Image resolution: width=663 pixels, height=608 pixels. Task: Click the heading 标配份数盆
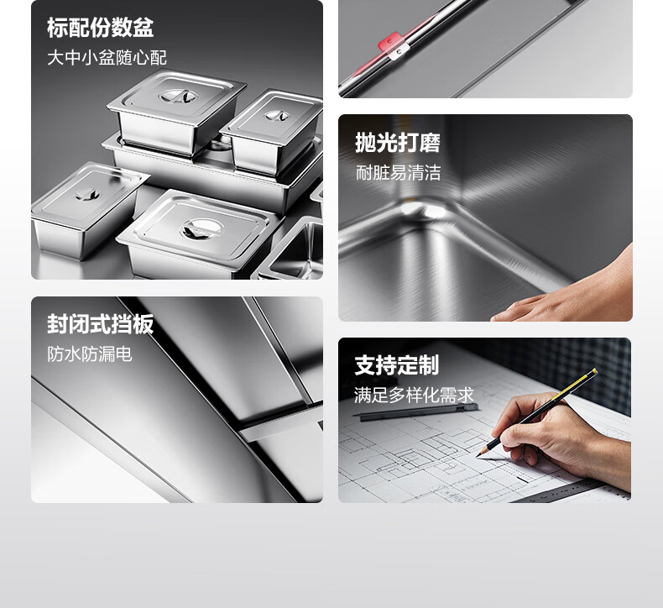point(100,28)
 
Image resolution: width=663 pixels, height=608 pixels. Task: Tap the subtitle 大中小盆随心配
point(107,58)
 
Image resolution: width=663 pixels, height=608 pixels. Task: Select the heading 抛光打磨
point(398,142)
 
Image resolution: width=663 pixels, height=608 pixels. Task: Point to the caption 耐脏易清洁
point(399,173)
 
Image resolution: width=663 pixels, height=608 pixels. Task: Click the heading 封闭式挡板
point(100,324)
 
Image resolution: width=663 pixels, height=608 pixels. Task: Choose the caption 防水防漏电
point(90,354)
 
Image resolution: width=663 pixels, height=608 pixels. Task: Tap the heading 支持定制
point(397,364)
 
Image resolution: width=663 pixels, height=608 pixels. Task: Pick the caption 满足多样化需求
point(414,396)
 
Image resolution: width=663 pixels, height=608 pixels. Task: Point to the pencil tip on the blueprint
point(478,455)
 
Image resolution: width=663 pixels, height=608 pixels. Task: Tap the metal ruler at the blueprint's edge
point(566,491)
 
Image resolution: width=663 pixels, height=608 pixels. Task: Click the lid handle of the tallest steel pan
point(179,96)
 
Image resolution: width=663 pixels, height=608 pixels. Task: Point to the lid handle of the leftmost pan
point(87,194)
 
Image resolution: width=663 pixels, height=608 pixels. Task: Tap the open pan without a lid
point(292,249)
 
